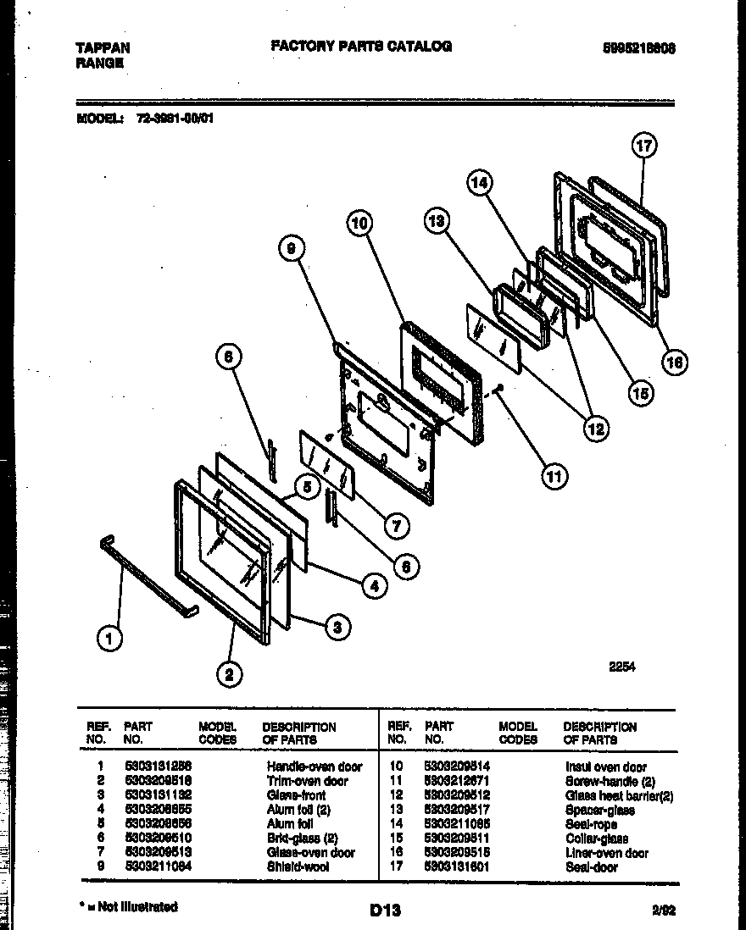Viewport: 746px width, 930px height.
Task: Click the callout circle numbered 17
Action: [x=644, y=146]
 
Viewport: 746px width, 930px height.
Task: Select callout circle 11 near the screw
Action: [x=554, y=477]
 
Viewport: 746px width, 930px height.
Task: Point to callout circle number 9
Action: [x=291, y=248]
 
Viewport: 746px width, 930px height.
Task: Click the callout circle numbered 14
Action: [x=480, y=182]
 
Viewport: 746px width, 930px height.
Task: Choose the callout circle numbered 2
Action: [x=226, y=673]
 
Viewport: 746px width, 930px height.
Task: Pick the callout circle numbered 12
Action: [x=595, y=429]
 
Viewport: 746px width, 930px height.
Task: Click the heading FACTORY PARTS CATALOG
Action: [x=361, y=47]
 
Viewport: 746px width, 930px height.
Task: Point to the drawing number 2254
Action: [x=622, y=667]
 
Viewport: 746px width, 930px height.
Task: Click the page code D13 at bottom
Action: [x=385, y=911]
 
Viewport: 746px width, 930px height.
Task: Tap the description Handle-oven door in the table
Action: [x=315, y=767]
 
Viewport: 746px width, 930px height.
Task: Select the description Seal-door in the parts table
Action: [x=592, y=867]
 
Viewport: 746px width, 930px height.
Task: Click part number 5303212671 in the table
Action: [x=457, y=781]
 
